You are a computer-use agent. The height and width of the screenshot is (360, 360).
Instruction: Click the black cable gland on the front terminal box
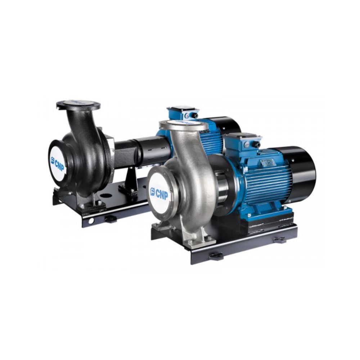point(258,144)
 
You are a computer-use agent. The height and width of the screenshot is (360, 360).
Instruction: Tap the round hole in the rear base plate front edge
point(91,220)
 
